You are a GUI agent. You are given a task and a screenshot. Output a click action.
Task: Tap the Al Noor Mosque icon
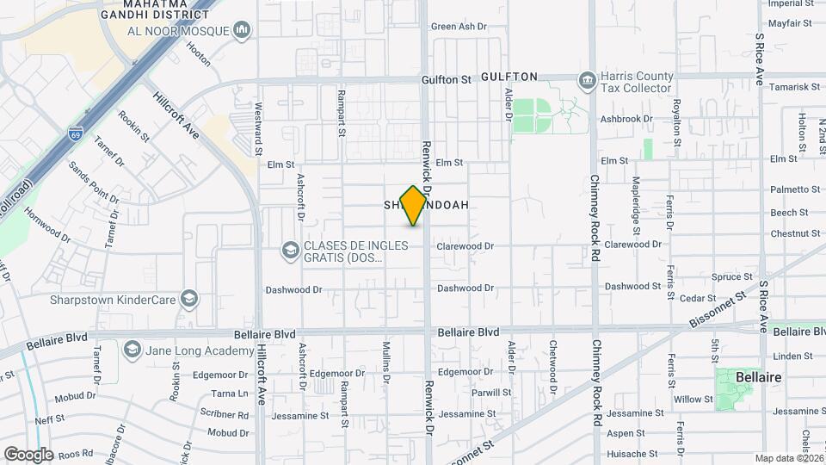tap(242, 31)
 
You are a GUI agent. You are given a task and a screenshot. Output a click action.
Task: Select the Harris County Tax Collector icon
tap(589, 81)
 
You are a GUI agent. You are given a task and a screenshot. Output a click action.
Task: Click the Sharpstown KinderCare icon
tap(190, 300)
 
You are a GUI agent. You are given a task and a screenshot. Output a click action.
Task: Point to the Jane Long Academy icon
tap(132, 349)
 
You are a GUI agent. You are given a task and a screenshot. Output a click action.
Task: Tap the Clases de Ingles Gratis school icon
tap(289, 251)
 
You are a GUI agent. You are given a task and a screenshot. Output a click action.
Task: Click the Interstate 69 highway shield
tap(75, 133)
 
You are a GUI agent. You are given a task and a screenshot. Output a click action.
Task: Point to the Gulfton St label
tap(447, 79)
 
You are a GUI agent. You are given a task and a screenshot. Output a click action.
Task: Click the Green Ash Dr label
tap(459, 27)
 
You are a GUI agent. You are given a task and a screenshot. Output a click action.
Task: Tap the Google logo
tap(28, 454)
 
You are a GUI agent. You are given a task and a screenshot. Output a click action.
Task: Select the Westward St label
tap(258, 128)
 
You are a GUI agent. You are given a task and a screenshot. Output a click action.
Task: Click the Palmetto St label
tap(796, 189)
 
